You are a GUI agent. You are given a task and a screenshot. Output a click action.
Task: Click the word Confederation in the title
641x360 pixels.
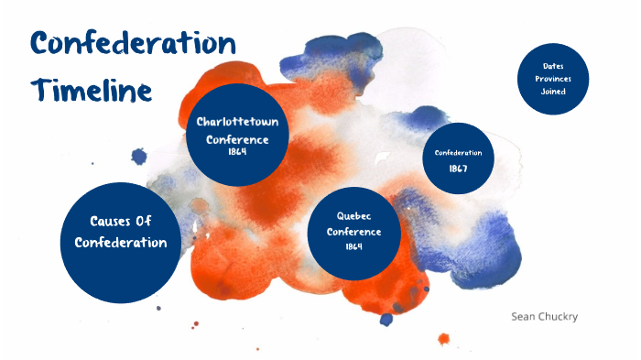coord(134,44)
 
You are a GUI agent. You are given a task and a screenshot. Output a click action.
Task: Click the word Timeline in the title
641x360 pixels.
coord(90,91)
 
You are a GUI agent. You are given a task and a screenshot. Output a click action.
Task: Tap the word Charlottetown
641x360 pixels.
coord(237,122)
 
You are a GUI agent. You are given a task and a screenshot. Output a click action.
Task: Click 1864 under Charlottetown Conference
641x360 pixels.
coord(237,152)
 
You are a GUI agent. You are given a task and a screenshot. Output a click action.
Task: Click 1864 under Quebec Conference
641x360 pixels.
coord(353,246)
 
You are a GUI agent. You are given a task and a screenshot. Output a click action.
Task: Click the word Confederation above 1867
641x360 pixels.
coord(459,152)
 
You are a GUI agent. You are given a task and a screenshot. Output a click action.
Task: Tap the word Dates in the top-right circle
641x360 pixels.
coord(552,66)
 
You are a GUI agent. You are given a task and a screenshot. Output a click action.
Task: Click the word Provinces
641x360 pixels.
coord(552,79)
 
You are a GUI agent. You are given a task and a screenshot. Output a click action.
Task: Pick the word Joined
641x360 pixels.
coord(552,92)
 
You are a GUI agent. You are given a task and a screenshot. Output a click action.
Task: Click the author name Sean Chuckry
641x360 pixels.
coord(544,316)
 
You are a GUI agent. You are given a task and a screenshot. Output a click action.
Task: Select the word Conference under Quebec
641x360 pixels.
coord(353,231)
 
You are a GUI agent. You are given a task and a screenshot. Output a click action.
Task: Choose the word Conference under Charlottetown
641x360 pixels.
coord(237,139)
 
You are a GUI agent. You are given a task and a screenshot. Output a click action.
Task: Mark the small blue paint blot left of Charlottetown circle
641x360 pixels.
coord(139,157)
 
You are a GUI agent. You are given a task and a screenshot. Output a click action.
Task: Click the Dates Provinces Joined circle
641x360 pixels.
coord(552,79)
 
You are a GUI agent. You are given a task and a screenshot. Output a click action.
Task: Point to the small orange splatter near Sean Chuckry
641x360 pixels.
coord(443,338)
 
